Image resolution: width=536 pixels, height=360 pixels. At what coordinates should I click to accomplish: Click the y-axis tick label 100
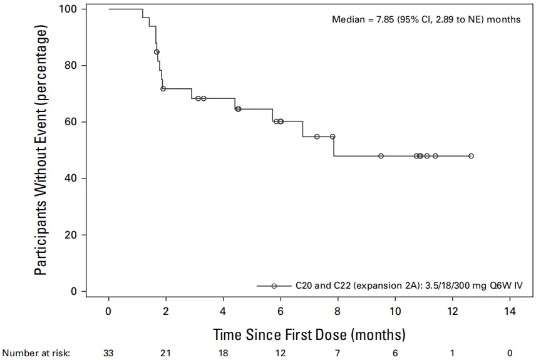(68, 9)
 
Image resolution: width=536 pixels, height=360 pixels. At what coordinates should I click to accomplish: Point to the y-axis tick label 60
(71, 121)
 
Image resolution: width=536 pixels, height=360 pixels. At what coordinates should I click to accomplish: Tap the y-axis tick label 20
(71, 235)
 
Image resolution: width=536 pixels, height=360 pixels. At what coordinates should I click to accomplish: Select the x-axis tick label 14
(510, 311)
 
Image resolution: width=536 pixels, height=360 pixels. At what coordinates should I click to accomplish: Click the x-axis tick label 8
(338, 311)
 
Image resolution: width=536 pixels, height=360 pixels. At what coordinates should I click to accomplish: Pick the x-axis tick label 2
(166, 311)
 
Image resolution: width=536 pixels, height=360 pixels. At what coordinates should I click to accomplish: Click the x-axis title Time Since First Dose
(280, 334)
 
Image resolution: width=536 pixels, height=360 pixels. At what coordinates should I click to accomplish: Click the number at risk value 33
(108, 353)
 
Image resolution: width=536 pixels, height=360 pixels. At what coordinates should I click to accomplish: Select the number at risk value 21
(166, 353)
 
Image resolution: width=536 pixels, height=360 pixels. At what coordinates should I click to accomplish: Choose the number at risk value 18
(223, 353)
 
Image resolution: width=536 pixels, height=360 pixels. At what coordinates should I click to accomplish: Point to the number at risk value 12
(281, 353)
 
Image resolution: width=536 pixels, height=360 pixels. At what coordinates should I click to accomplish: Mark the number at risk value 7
(338, 353)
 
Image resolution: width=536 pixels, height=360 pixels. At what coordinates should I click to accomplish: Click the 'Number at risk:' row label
(36, 353)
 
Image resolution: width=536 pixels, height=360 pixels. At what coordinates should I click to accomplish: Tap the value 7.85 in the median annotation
(386, 19)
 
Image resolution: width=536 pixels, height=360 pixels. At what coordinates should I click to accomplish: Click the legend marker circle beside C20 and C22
(274, 286)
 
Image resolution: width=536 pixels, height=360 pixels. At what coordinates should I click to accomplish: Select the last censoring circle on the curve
(471, 156)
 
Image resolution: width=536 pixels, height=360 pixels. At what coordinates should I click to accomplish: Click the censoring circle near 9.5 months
(381, 156)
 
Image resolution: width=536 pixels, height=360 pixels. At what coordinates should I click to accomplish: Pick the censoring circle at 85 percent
(157, 52)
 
